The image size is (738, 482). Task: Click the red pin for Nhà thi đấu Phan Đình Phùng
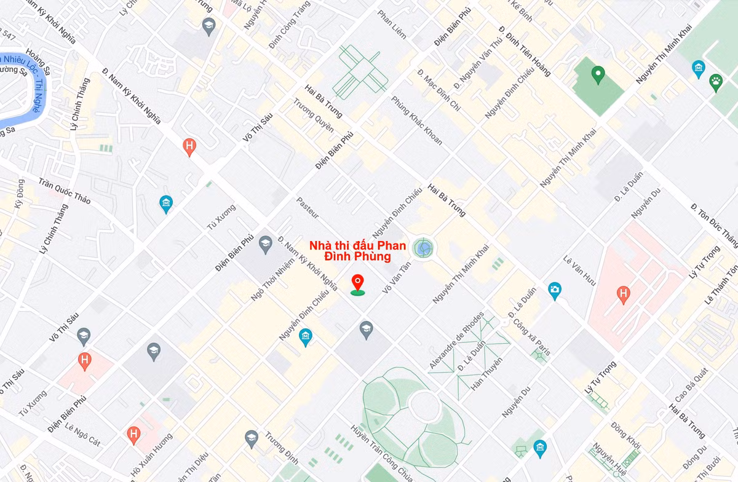[x=357, y=283]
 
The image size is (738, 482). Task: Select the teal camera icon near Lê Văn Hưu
[x=555, y=290]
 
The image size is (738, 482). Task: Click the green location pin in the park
[x=597, y=76]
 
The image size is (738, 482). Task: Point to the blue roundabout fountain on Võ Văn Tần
[x=424, y=248]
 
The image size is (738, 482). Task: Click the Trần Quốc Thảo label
[x=64, y=192]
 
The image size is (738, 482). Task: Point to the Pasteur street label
[x=307, y=208]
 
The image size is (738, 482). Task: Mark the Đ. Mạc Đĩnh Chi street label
[x=438, y=90]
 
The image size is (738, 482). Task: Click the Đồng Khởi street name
[x=625, y=435]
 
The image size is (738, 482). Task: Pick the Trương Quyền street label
[x=313, y=115]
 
